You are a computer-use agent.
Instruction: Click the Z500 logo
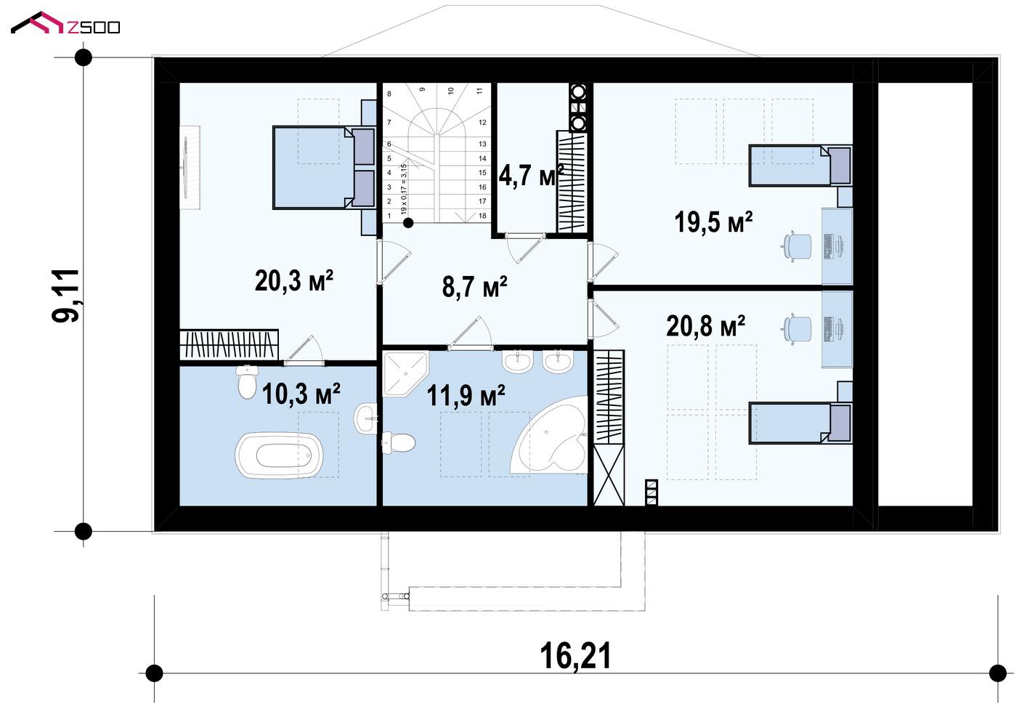tap(65, 23)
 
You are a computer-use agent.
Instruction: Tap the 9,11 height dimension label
tap(66, 296)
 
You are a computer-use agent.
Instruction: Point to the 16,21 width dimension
tap(575, 656)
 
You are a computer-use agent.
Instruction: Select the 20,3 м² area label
tap(294, 280)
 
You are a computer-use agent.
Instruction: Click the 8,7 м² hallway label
tap(474, 287)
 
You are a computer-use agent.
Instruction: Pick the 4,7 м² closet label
tap(532, 175)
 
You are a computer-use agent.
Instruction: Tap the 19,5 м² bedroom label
tap(713, 222)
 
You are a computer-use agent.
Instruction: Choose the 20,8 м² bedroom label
tap(705, 326)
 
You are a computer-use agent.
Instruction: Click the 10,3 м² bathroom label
tap(301, 394)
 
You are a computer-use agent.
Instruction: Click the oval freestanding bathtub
tap(279, 455)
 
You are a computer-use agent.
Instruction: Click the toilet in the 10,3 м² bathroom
tap(247, 381)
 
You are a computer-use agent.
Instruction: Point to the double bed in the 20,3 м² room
tap(325, 167)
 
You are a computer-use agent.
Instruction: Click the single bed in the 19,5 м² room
tap(800, 166)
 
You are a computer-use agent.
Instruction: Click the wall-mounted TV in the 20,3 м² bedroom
tap(186, 167)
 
